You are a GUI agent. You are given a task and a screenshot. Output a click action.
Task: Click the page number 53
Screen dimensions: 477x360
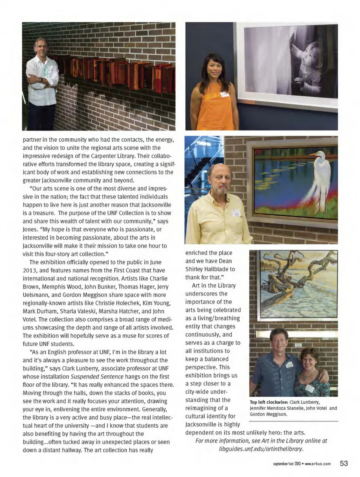coord(344,463)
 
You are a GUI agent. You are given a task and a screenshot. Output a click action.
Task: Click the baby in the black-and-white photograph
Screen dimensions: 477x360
coord(311,60)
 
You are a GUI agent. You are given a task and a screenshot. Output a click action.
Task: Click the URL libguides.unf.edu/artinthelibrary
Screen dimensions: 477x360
coord(261,448)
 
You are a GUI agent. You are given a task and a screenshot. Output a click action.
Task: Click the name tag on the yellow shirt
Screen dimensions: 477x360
coord(237,213)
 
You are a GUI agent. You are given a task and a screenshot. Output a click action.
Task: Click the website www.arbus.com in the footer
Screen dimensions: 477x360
coord(318,464)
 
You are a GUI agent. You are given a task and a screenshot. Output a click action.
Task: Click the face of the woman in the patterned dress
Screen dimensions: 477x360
coord(309,359)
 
